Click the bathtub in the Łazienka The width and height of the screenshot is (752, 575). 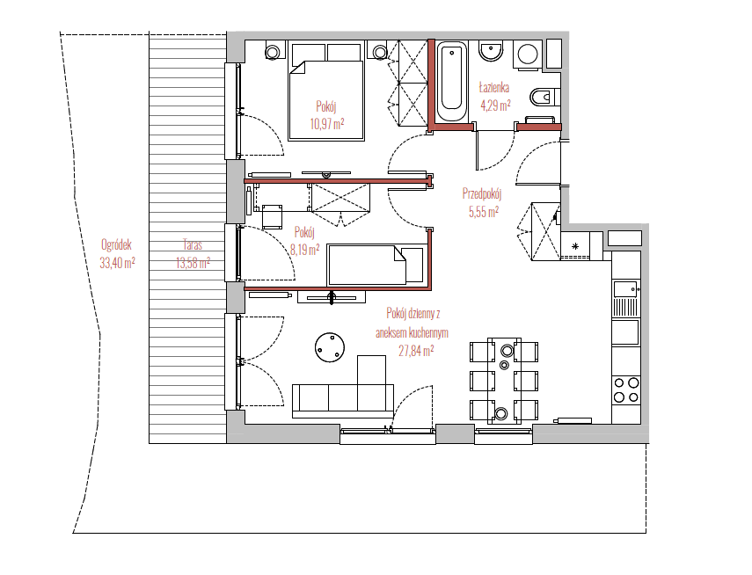coord(451,83)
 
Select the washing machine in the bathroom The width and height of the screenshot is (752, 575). coord(528,55)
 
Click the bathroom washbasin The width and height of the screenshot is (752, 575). coord(491,51)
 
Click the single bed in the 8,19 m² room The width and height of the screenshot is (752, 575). coord(376,265)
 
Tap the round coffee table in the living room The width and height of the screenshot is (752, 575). coord(330,347)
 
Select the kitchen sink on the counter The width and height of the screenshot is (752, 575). coord(626,289)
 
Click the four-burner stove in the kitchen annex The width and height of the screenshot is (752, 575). coord(626,389)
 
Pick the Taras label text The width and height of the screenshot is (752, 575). coord(193,245)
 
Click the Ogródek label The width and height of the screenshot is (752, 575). coord(117,245)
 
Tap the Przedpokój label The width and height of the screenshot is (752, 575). coord(482,194)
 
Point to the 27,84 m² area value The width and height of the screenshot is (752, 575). coord(416,351)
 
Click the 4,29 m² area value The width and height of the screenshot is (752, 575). coord(495,106)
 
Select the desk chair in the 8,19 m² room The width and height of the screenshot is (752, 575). coord(273,216)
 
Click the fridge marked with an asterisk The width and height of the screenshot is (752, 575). coord(575,246)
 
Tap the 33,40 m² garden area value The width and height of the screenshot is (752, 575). coord(117,263)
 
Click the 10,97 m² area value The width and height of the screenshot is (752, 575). coord(327,124)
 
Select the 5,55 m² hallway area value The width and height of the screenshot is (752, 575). coord(484,212)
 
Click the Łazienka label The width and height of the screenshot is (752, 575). coord(494,88)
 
